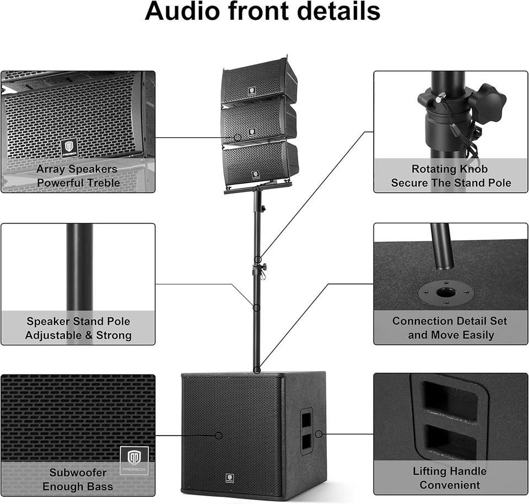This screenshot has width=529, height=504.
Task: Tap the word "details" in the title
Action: point(337,12)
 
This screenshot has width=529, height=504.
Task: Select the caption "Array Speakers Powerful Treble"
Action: point(77,176)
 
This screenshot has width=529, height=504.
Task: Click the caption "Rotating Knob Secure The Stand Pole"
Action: point(451,176)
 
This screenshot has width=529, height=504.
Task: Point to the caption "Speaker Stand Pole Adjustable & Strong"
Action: point(78,328)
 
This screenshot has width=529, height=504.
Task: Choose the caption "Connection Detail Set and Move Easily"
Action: point(451,328)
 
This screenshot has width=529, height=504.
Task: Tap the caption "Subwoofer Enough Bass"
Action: point(78,479)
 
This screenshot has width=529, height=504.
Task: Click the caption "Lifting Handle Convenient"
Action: point(450,478)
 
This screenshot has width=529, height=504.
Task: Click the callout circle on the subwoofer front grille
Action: point(219,435)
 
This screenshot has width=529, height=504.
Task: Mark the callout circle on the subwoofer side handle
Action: point(319,434)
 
